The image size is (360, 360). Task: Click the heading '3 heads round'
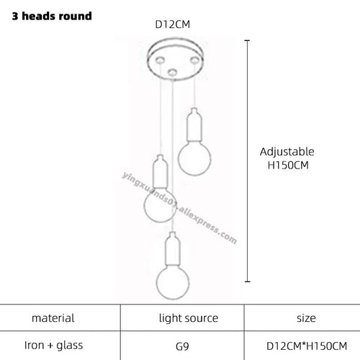pos(52,16)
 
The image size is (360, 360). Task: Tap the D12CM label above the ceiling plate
pos(172,24)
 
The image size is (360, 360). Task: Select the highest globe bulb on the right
pos(194,158)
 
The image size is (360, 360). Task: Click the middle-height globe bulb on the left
pos(159,205)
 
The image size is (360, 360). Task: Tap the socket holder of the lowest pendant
pos(172,248)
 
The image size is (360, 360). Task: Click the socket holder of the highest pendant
pos(194,125)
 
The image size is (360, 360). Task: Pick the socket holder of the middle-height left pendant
pos(160,171)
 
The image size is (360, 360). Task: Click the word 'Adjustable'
pos(287,152)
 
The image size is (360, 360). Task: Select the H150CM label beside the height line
pos(288,165)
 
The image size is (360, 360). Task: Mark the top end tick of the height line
pos(248,41)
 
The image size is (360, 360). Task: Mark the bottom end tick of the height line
pos(248,282)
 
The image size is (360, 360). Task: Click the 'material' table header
pos(53,318)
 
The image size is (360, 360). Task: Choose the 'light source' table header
pos(189,318)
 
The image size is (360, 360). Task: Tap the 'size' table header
pos(306,318)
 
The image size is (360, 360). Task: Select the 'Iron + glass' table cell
pos(53,346)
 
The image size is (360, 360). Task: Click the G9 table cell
pos(182,346)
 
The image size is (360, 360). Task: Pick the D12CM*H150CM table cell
pos(307,346)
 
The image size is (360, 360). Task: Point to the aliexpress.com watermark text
pos(179,208)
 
